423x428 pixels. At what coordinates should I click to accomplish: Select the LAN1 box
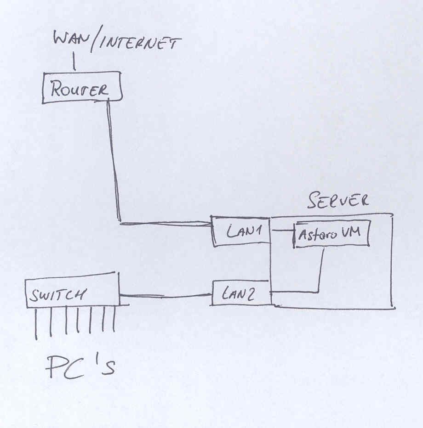pos(242,231)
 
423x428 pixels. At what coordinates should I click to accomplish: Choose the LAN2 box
pos(241,293)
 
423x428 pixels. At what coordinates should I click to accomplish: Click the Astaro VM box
pos(332,235)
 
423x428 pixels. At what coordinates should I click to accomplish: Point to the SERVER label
pos(338,201)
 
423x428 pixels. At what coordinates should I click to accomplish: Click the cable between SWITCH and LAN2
pos(166,296)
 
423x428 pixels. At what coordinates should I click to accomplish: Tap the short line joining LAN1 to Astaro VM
pos(282,229)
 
